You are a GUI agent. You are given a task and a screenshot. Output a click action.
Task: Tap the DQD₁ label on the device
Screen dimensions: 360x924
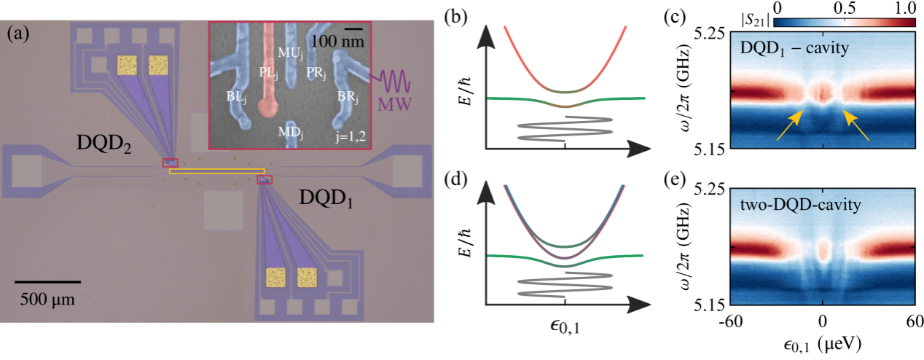point(326,198)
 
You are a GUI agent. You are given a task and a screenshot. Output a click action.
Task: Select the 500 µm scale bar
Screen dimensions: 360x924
point(47,281)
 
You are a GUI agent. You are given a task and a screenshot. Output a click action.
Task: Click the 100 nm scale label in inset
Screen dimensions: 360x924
point(334,41)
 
